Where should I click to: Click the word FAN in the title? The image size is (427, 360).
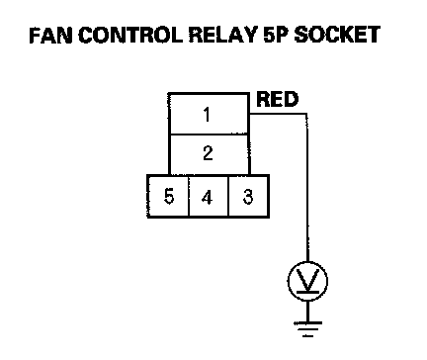(x=50, y=36)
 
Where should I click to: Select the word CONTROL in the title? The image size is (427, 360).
(x=130, y=36)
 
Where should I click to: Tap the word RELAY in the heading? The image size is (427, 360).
(x=223, y=36)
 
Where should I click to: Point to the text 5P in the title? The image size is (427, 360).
(x=276, y=36)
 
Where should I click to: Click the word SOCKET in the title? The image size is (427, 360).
(x=337, y=36)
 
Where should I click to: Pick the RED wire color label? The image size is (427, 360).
(x=278, y=99)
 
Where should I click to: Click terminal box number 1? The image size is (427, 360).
(x=209, y=114)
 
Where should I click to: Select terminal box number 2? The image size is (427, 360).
(x=209, y=154)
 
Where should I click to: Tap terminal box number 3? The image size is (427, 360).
(x=249, y=197)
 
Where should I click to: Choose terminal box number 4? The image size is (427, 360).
(x=209, y=197)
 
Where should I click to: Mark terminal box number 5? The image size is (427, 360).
(x=168, y=197)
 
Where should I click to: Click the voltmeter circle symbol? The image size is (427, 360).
(x=307, y=281)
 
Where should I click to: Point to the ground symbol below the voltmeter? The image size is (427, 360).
(x=307, y=329)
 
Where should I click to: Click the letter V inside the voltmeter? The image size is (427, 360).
(x=307, y=280)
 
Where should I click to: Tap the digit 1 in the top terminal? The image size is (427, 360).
(x=207, y=115)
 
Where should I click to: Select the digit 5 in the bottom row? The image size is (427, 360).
(x=169, y=197)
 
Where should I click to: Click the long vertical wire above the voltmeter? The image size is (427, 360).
(x=307, y=188)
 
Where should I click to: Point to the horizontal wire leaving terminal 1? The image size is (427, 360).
(x=279, y=115)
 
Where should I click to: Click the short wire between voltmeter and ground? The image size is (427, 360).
(x=307, y=311)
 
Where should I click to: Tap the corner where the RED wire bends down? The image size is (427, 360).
(x=307, y=115)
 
